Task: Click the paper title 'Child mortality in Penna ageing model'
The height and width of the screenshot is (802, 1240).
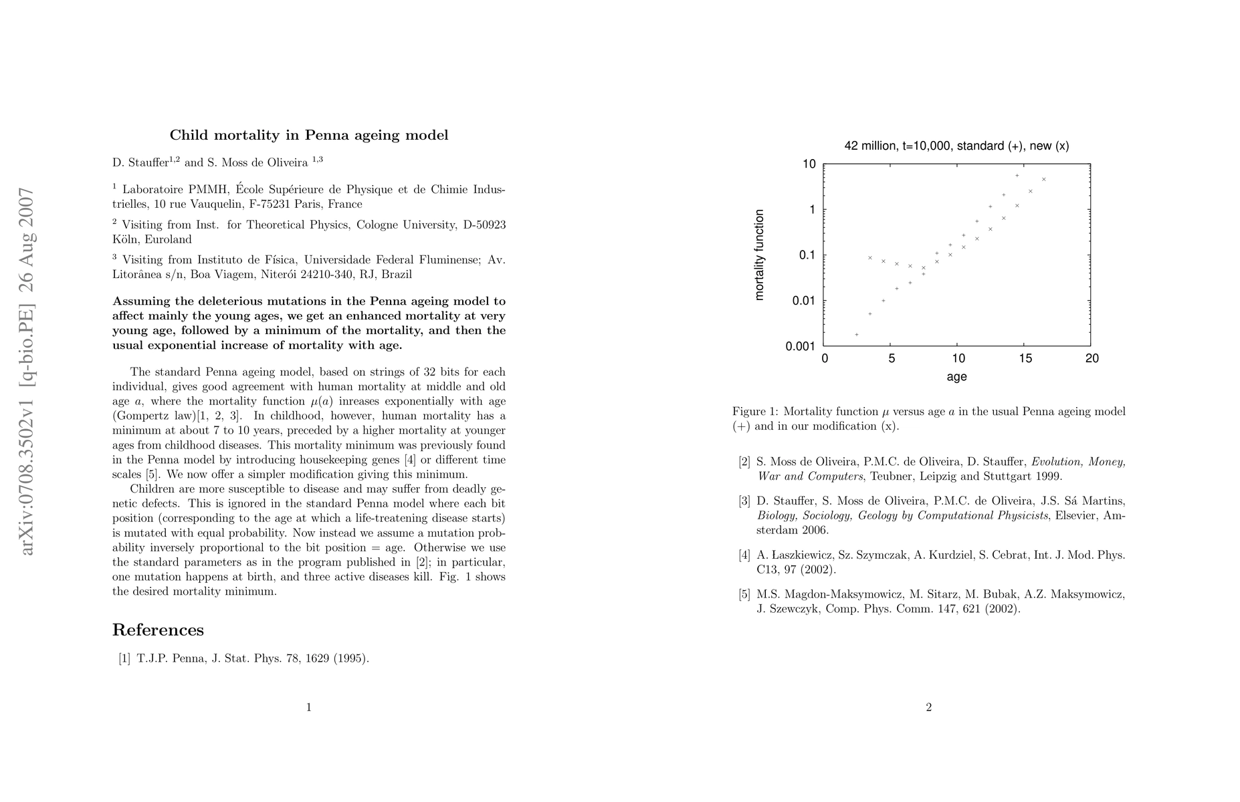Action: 308,135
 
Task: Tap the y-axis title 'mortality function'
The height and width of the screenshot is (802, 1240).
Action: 759,255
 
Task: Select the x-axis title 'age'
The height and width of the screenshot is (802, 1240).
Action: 956,377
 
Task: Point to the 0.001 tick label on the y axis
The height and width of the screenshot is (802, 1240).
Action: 799,346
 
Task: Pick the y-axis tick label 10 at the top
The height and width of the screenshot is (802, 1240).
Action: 809,164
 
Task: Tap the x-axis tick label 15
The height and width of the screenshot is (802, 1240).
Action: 1025,359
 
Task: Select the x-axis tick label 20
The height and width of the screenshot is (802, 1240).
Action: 1092,359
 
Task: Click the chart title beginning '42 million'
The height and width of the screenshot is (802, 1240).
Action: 956,146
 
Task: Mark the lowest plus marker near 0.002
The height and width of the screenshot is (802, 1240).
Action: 857,334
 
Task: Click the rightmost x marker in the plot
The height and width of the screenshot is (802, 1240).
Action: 1043,179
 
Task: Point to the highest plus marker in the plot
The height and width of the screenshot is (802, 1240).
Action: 1017,176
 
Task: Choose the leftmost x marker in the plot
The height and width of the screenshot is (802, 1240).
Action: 870,258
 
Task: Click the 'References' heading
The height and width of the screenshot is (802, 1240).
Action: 158,630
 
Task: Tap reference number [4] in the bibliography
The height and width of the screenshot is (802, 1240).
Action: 744,555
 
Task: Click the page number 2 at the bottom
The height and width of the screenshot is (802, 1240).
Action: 928,708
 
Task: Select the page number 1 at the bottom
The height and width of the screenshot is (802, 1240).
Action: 308,708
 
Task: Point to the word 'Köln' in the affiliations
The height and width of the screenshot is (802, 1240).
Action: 125,239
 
